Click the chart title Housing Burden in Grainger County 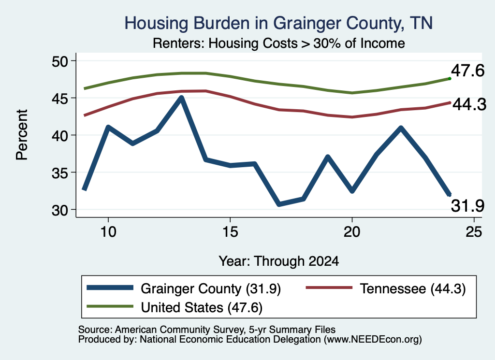[278, 23]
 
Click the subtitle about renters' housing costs [279, 43]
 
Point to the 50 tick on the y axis [60, 61]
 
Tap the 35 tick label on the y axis [60, 173]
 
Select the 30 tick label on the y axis [60, 210]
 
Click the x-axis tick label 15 [230, 232]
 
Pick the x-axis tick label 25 [474, 232]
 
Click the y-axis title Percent [22, 135]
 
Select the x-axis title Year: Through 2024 [279, 261]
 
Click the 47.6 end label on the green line [467, 71]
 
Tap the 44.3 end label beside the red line [469, 104]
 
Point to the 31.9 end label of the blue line [467, 206]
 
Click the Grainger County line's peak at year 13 [181, 98]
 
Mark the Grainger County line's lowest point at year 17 [279, 204]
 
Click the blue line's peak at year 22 [401, 128]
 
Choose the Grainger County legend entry [184, 288]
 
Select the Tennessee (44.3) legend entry [386, 288]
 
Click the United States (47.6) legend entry [175, 307]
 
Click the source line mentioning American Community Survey [207, 330]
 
